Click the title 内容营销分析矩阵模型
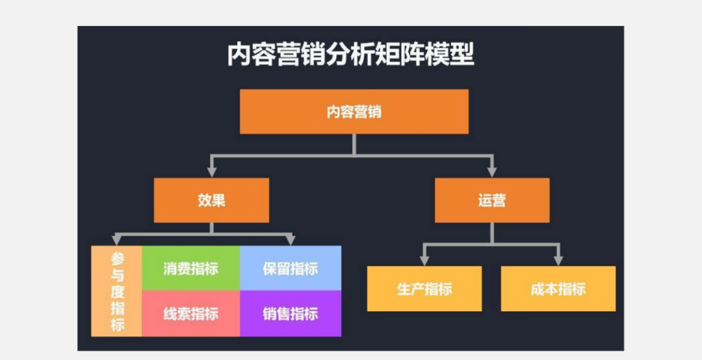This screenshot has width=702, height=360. point(350,55)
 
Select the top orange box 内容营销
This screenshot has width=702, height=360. point(354,112)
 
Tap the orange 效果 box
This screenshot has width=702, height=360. point(211,200)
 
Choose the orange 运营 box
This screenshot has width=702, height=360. point(492,200)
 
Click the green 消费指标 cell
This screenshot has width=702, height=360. point(190,268)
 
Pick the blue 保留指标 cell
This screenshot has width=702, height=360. point(291,268)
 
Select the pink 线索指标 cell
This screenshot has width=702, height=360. point(190,314)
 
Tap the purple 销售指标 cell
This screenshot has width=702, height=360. point(291,314)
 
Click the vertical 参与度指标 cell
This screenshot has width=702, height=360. point(117,291)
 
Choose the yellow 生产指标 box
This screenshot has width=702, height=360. point(424,289)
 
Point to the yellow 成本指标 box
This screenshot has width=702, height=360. point(558,289)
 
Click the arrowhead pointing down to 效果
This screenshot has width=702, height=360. point(211,172)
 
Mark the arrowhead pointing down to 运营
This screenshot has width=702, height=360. point(492,172)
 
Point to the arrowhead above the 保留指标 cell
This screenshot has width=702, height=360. point(291,240)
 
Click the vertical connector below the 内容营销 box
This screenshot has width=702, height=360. point(354,144)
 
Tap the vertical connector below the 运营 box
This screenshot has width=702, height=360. point(492,233)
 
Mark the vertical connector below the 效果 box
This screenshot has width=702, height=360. point(211,227)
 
